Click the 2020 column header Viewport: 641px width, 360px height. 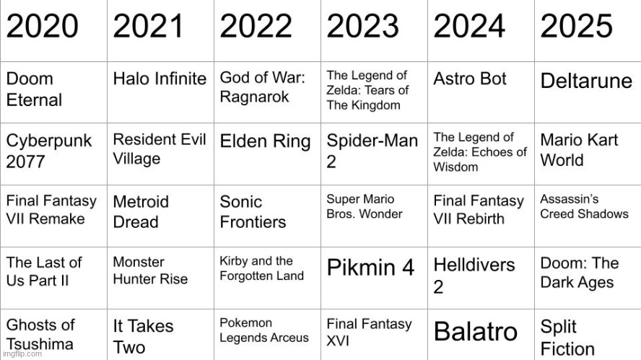(x=43, y=27)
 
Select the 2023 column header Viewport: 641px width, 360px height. (x=363, y=27)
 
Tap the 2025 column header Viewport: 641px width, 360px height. (x=577, y=27)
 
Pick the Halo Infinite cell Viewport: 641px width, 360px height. (x=160, y=80)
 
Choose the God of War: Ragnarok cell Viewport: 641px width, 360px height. (x=263, y=87)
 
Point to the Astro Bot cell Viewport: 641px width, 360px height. (x=470, y=79)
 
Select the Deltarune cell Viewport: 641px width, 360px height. (x=586, y=81)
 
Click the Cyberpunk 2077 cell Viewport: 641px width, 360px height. (x=49, y=150)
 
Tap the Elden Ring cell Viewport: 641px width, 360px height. (x=265, y=141)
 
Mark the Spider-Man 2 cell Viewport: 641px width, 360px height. (x=372, y=150)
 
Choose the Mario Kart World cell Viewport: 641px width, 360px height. (x=579, y=149)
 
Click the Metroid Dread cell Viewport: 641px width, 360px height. (x=141, y=212)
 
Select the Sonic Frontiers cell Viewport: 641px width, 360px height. (x=253, y=212)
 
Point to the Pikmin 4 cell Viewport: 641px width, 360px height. (x=370, y=268)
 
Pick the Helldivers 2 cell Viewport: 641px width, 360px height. (x=474, y=275)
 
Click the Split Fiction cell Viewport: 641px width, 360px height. (x=567, y=338)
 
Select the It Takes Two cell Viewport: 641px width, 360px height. (x=143, y=336)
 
